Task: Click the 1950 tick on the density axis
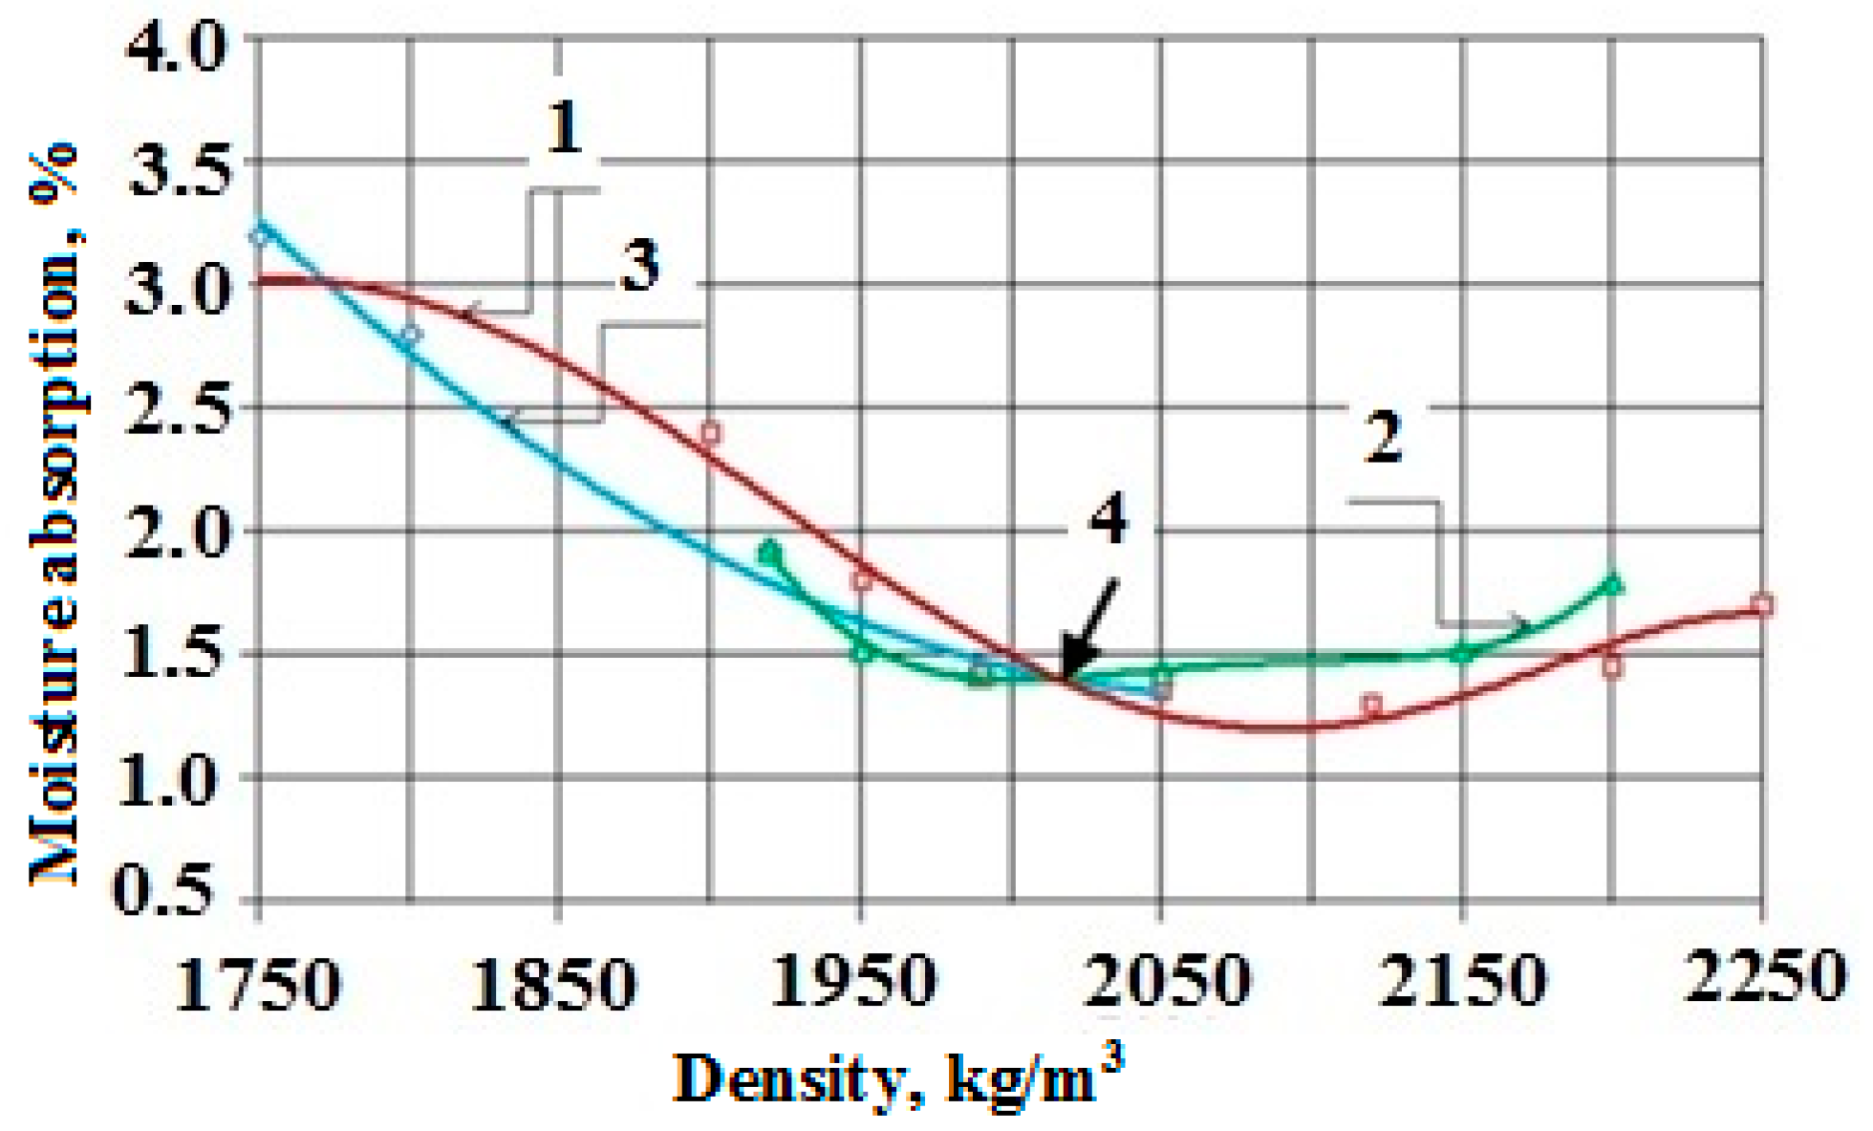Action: coord(853,981)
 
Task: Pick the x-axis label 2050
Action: coord(1167,981)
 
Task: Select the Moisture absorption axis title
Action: coord(54,516)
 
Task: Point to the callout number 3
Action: coord(640,266)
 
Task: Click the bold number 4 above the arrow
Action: coord(1109,521)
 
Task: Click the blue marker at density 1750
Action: coord(258,234)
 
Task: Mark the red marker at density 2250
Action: coord(1763,604)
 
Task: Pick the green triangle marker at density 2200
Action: coord(1613,583)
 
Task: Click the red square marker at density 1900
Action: coord(710,433)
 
